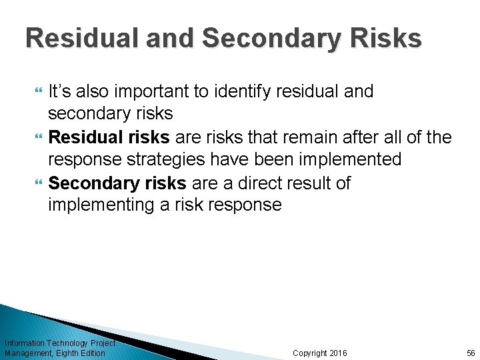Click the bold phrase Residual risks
coord(109,137)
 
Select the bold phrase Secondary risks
coord(117,183)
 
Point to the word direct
coord(274,183)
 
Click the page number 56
coord(470,353)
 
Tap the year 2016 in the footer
coord(338,353)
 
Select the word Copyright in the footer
coord(310,353)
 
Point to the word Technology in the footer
coord(69,343)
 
